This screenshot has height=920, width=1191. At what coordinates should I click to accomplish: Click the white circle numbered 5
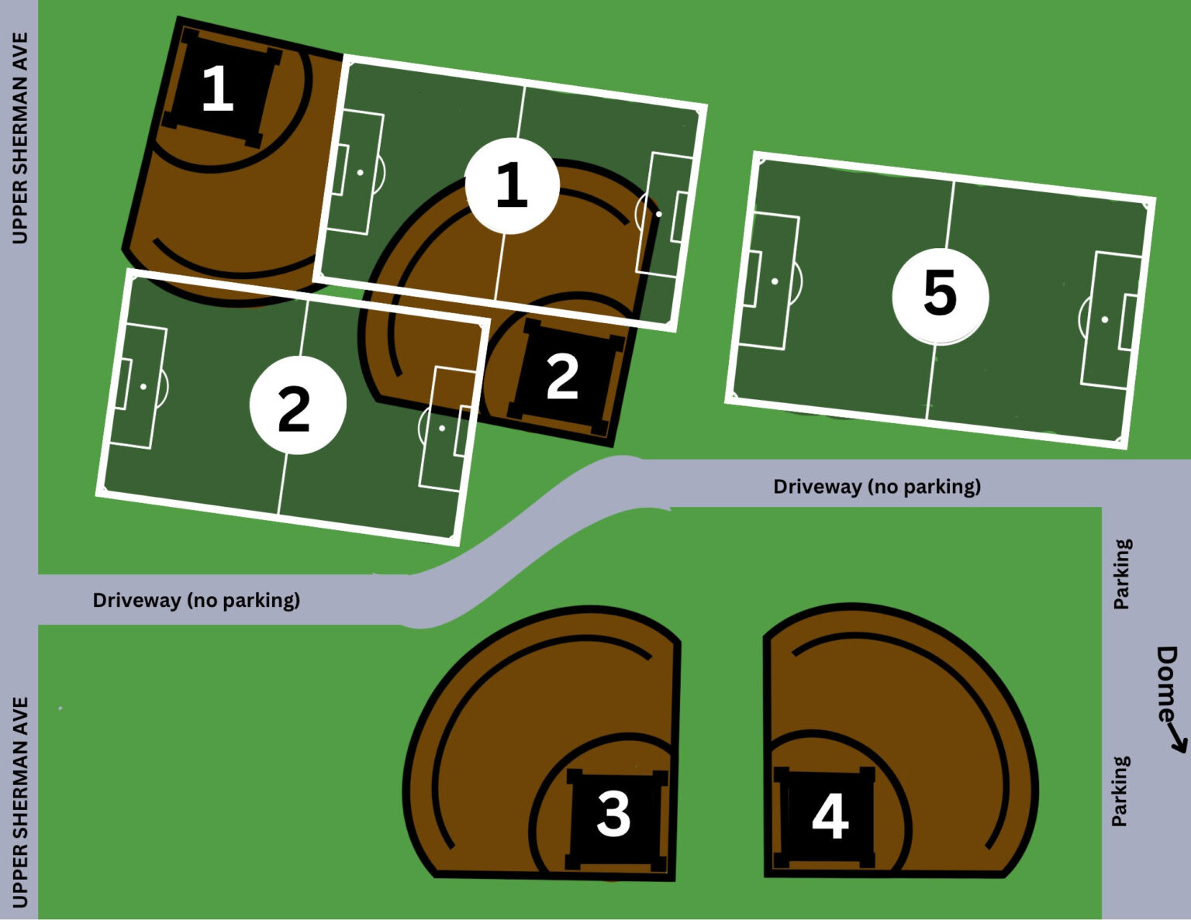[x=940, y=295]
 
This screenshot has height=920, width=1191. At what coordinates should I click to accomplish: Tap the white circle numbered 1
[x=512, y=186]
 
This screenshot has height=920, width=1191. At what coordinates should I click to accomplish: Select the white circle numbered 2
[x=297, y=405]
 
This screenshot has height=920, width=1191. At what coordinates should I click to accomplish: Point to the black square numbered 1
[x=219, y=88]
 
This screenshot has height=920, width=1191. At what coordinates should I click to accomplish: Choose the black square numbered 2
[x=564, y=377]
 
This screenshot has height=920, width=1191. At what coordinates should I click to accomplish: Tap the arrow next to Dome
[x=1177, y=741]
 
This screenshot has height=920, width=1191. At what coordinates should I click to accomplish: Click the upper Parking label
[x=1122, y=574]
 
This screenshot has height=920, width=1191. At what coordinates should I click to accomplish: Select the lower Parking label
[x=1120, y=791]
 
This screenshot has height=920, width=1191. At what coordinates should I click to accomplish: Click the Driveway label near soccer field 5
[x=877, y=487]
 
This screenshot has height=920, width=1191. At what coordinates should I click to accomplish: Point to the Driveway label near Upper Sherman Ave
[x=196, y=600]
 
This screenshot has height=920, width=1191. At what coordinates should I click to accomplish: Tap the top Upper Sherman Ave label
[x=19, y=138]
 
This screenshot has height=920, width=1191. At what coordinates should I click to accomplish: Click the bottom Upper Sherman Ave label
[x=19, y=802]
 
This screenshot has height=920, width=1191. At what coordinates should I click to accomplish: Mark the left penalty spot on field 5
[x=775, y=281]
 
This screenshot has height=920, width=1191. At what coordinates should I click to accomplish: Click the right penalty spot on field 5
[x=1105, y=319]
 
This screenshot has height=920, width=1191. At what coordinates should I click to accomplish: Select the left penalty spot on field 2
[x=143, y=386]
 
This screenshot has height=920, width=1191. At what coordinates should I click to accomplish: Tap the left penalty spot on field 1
[x=360, y=172]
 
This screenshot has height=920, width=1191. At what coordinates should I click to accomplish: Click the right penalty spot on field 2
[x=442, y=428]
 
